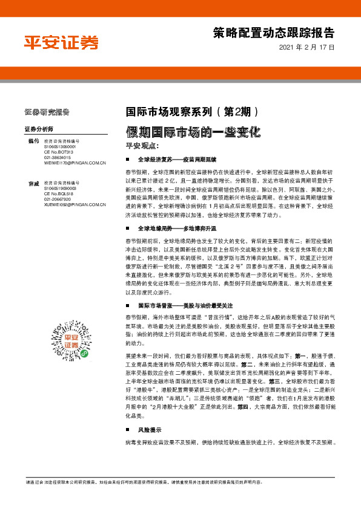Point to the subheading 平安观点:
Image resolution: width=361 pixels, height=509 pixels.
pyautogui.click(x=141, y=146)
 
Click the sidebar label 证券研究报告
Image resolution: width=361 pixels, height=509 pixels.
pyautogui.click(x=47, y=112)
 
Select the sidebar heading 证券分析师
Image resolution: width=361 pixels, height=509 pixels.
pyautogui.click(x=39, y=129)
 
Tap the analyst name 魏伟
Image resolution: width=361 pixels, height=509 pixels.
pyautogui.click(x=33, y=141)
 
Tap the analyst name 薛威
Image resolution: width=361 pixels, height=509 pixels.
pyautogui.click(x=33, y=183)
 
